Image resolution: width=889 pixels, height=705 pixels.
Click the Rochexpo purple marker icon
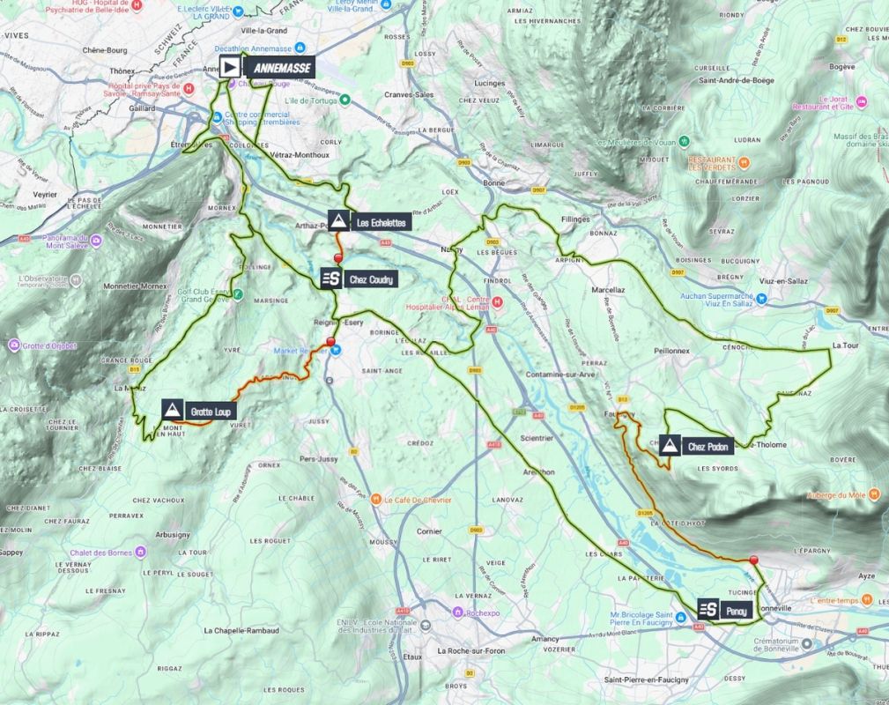pos(456,612)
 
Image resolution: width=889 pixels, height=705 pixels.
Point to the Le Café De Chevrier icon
pos(376,500)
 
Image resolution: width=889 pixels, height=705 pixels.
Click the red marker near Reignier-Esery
pos(331,342)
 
